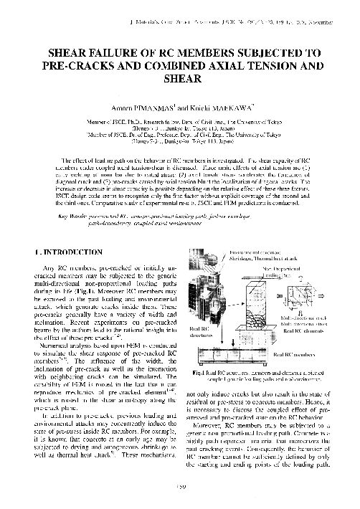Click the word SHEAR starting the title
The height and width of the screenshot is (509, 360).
(68, 53)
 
